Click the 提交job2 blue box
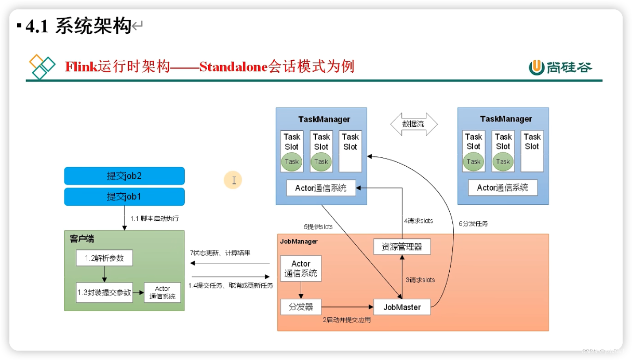pos(124,176)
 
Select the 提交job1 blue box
pos(124,197)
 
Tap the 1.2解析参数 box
pos(104,258)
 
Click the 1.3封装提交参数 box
pos(104,292)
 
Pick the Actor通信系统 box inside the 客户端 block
pos(162,292)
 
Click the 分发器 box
pos(301,306)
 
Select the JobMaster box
pos(402,306)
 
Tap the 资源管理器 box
pos(402,247)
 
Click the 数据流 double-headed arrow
pos(413,124)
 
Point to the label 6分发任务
pos(473,223)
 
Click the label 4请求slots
pos(419,221)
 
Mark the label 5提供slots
pos(318,226)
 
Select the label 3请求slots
pos(420,279)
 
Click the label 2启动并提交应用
pos(347,320)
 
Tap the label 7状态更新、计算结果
pos(220,253)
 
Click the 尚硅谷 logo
pos(560,67)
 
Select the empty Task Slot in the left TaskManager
pos(350,151)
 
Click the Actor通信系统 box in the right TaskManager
pos(503,188)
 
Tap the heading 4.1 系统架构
pos(78,26)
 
